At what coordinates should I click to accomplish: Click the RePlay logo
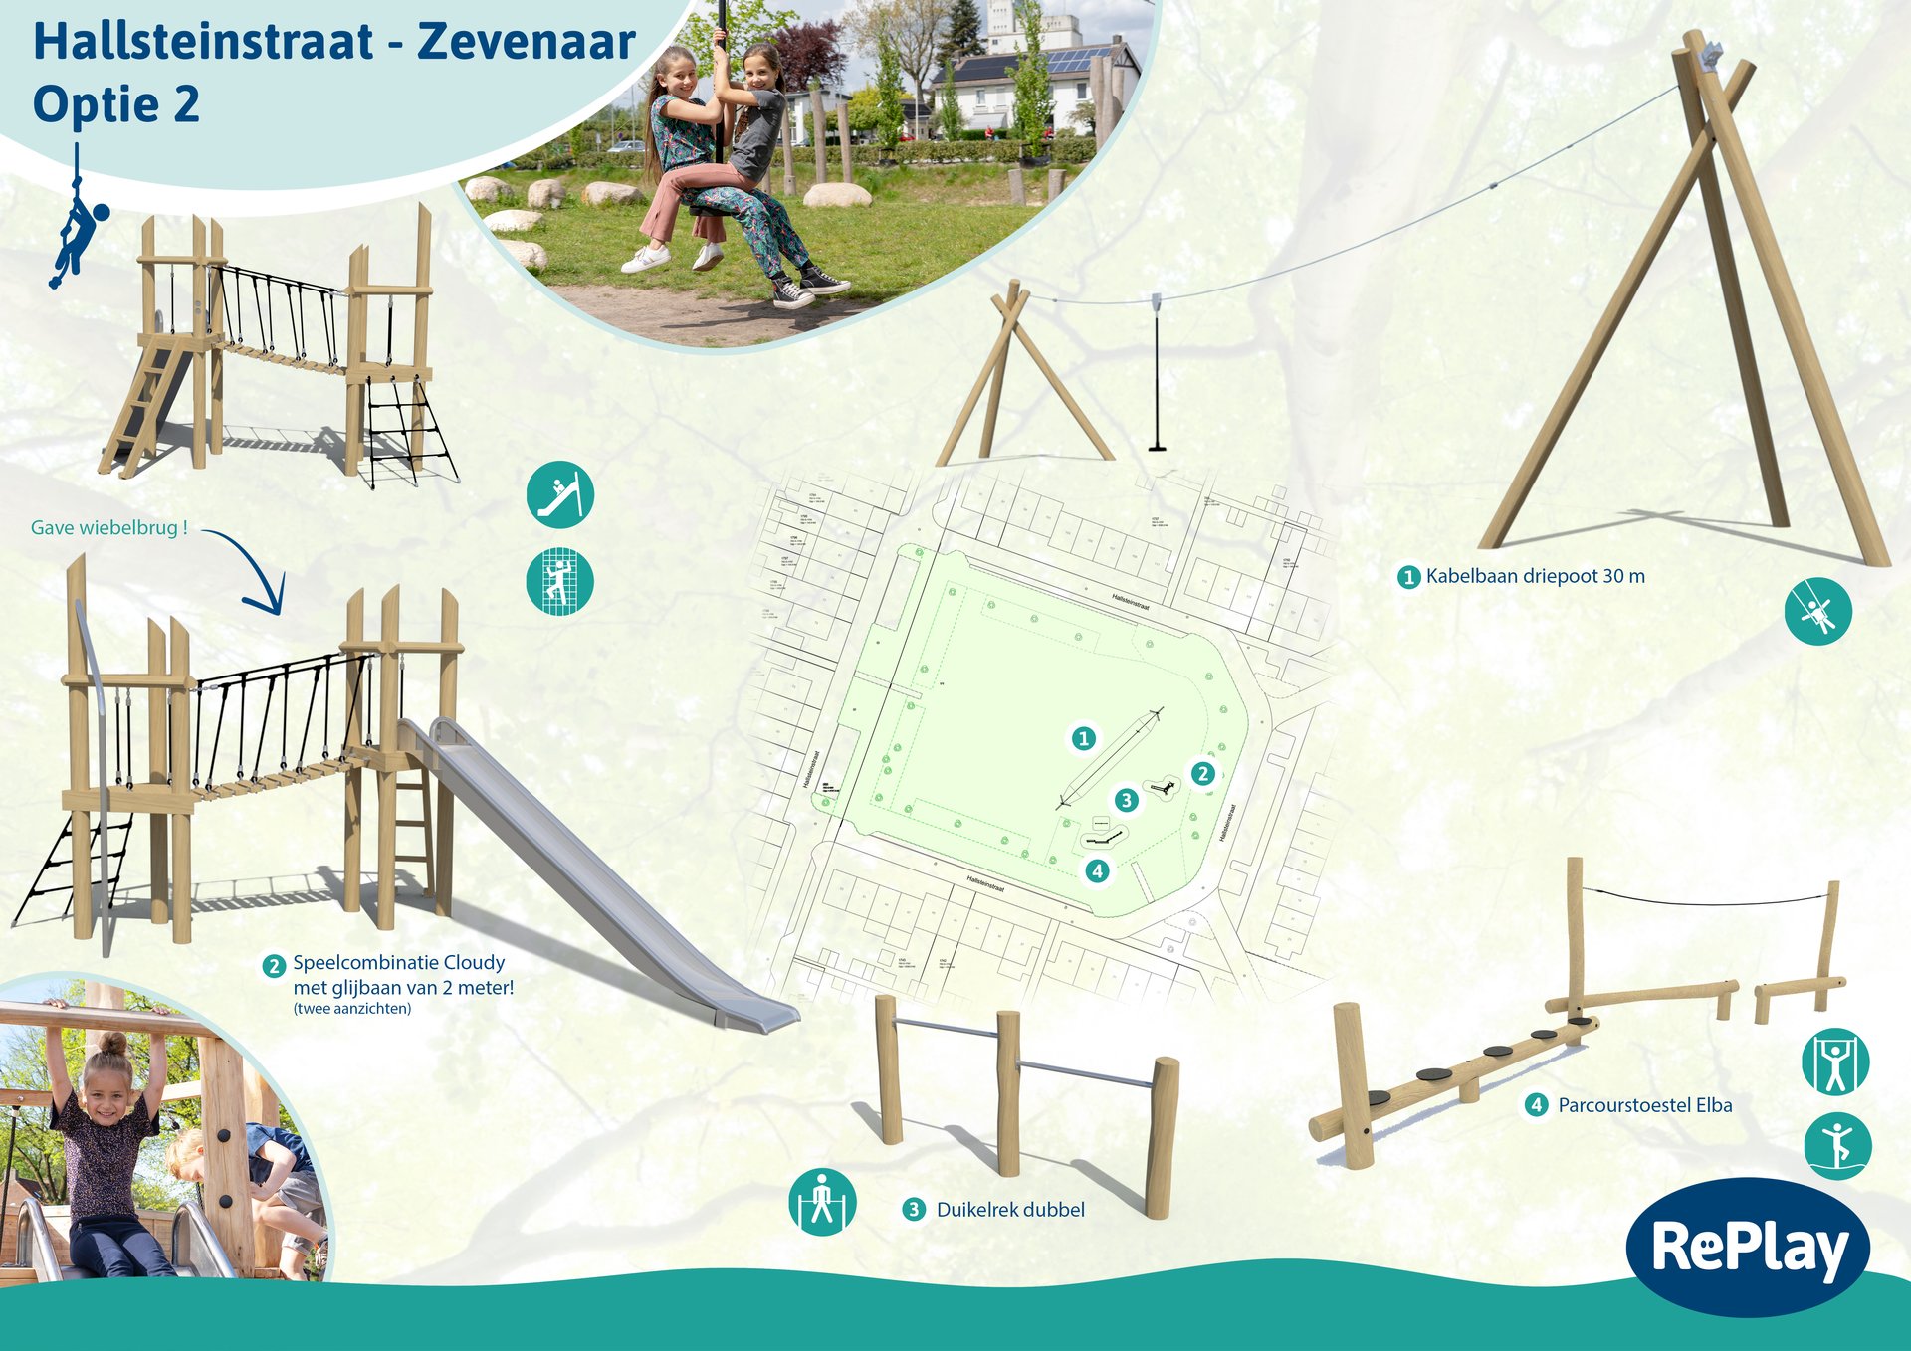[1749, 1247]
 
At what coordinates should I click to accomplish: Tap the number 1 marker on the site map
[1084, 738]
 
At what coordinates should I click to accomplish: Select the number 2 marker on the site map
[1203, 773]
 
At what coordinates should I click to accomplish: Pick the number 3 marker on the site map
[1126, 800]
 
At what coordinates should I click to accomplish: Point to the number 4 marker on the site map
[1097, 871]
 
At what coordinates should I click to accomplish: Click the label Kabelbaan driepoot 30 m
[1534, 576]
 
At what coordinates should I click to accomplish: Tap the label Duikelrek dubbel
[1009, 1210]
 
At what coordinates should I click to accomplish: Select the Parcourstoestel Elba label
[1643, 1105]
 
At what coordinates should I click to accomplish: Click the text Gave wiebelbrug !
[109, 528]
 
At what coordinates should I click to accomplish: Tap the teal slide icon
[560, 494]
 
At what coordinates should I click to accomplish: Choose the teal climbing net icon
[559, 581]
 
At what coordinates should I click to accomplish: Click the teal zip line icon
[1817, 612]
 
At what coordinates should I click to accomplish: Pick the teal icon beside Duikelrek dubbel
[822, 1202]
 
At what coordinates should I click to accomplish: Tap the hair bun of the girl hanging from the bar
[111, 1044]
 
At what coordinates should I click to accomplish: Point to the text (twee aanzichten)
[352, 1009]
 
